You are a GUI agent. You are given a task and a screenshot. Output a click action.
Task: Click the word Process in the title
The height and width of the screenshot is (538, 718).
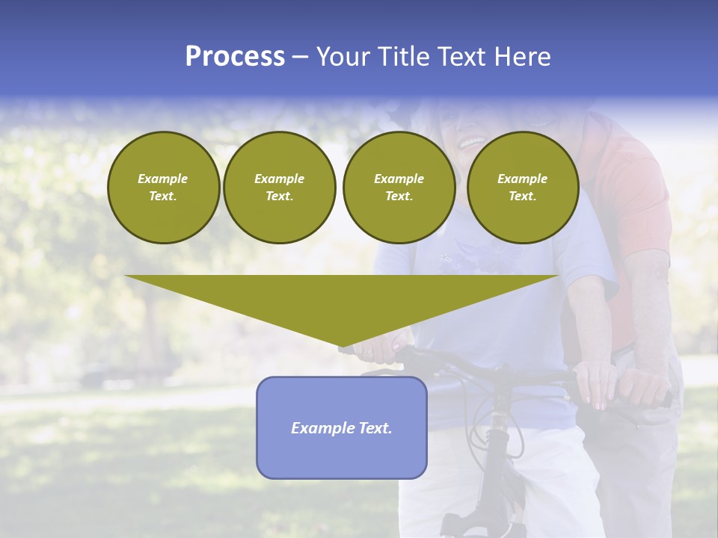point(235,57)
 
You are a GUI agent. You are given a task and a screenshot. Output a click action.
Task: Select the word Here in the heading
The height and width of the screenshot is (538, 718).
point(524,57)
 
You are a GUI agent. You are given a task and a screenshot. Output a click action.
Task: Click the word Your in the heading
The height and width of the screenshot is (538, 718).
point(343,57)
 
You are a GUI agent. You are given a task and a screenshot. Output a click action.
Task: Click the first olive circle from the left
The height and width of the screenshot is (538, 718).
point(163,187)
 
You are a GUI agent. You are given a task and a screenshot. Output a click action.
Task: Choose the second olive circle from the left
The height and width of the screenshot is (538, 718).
point(279,187)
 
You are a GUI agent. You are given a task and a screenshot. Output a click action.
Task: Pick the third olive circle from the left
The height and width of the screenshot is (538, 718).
point(399,187)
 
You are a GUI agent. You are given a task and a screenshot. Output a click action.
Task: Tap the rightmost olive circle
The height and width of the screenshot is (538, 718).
point(522,187)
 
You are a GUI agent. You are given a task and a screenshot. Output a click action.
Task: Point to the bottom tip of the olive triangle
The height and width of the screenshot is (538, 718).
point(342,345)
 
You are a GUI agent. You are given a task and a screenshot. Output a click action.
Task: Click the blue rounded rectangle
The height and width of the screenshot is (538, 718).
point(342,456)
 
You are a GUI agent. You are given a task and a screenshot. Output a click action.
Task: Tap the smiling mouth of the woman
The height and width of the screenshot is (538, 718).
point(471,140)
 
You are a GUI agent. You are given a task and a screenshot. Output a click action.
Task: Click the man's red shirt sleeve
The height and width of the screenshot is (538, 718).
point(636,194)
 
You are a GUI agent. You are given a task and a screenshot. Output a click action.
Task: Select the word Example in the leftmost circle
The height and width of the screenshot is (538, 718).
point(163,179)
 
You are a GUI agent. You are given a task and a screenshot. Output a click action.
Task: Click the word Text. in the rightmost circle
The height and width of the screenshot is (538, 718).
point(522,196)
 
